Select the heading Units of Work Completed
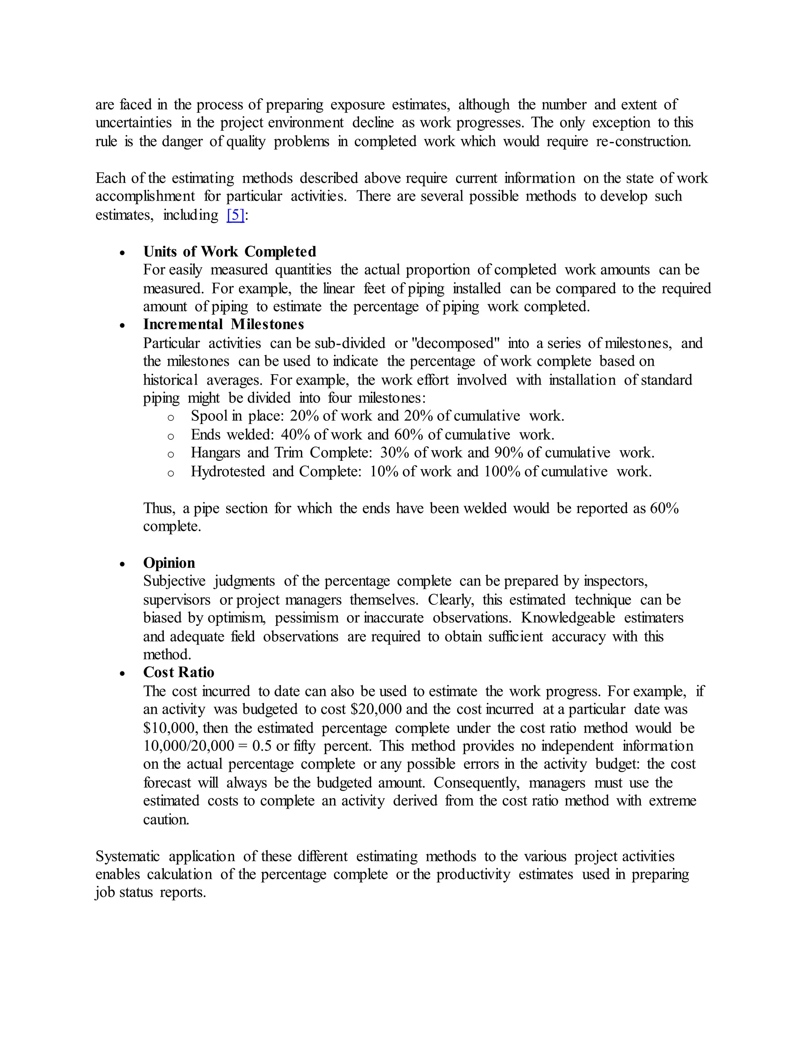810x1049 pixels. tap(229, 251)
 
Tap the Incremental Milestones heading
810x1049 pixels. tap(223, 324)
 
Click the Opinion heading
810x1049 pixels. tap(169, 563)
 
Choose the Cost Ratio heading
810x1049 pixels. tap(178, 672)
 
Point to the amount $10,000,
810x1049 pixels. tap(170, 728)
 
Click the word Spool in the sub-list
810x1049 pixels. tap(209, 416)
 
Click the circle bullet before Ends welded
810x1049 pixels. tap(170, 436)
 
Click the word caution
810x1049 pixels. tap(166, 819)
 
